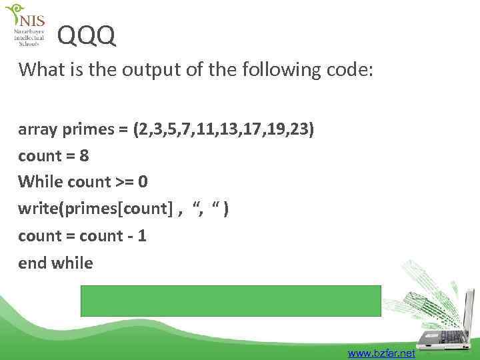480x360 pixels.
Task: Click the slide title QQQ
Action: [x=87, y=37]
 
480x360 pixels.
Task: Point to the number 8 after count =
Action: [x=84, y=156]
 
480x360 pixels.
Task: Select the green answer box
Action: [x=231, y=301]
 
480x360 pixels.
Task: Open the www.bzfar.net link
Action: [x=381, y=353]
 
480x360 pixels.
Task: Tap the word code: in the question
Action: [x=351, y=69]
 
